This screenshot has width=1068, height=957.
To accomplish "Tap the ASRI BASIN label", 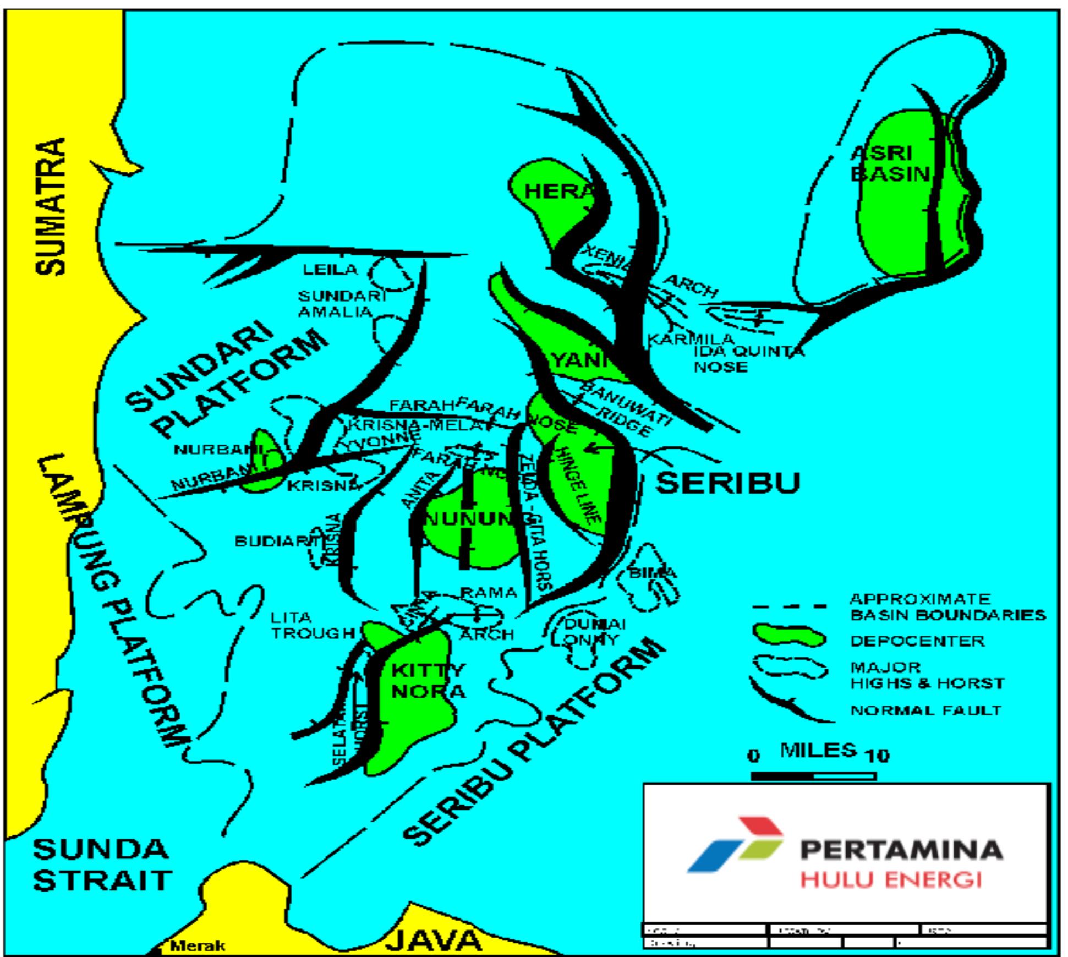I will click(x=890, y=163).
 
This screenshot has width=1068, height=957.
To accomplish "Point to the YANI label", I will click(x=578, y=361).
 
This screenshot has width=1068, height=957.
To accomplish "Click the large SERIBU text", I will click(x=727, y=483).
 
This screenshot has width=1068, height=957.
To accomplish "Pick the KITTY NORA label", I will click(x=428, y=680).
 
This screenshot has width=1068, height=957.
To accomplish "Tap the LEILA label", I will click(x=330, y=270).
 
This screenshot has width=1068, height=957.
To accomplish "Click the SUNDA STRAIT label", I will click(x=102, y=865).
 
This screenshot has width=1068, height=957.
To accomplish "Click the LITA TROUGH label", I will click(x=311, y=626).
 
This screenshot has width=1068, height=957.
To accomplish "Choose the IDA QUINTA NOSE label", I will click(x=747, y=359).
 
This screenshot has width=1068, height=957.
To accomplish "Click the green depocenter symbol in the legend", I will click(x=788, y=637).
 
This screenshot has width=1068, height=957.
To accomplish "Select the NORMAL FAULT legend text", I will click(x=925, y=710).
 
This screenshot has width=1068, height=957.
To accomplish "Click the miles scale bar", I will click(x=813, y=776).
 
